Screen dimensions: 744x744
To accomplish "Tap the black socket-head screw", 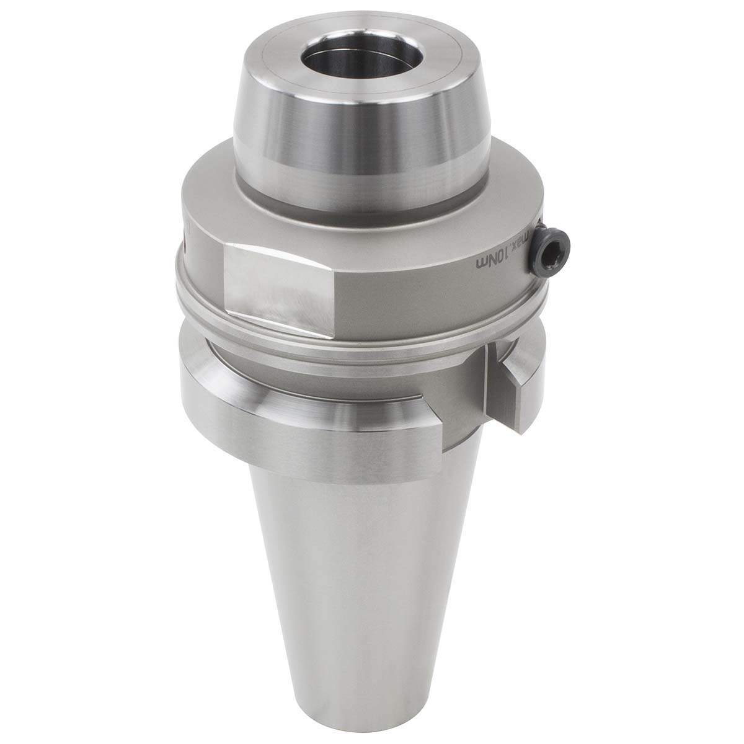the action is pyautogui.click(x=552, y=248).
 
